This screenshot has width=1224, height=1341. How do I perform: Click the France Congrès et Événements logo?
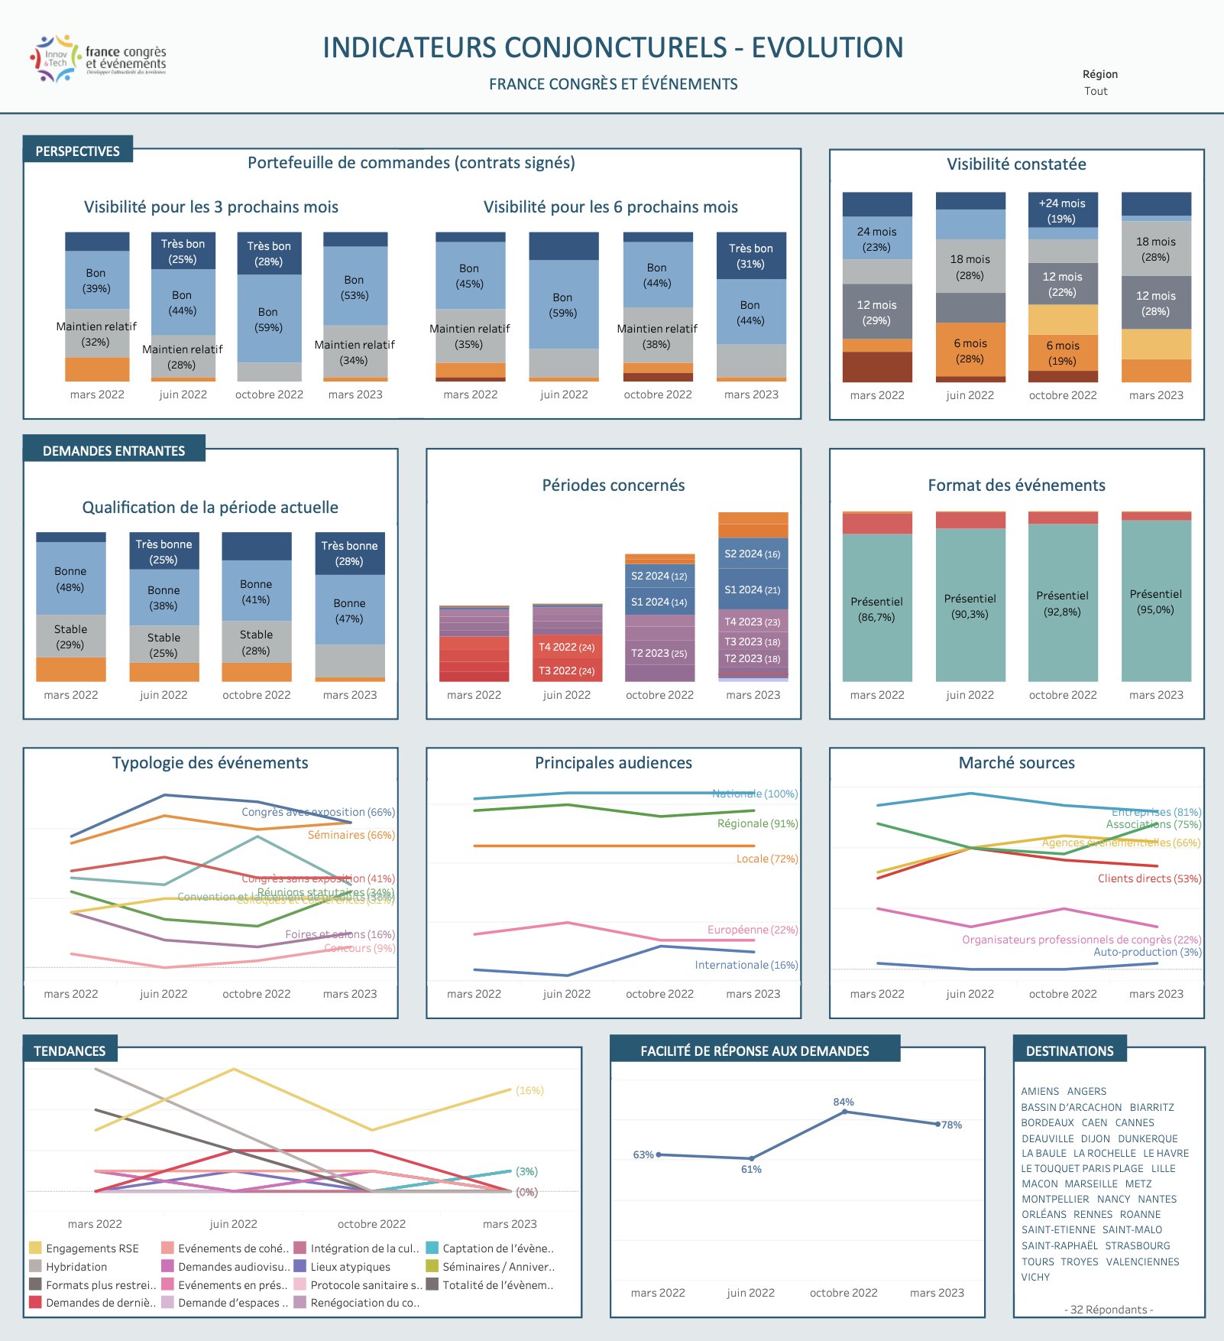98,58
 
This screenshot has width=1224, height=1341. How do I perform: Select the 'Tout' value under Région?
1096,91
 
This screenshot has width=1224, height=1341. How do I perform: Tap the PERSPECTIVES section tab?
77,151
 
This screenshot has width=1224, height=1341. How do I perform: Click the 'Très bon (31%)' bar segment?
751,256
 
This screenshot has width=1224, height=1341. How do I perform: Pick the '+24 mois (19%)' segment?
1062,210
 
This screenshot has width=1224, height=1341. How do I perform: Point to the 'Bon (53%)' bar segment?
355,287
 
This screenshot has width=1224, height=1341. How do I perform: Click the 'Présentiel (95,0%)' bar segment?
1155,602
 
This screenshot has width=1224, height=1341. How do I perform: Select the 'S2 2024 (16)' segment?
753,554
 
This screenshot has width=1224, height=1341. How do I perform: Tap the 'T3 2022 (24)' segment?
566,670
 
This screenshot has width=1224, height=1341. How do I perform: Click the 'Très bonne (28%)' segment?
349,553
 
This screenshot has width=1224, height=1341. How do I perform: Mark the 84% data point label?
844,1102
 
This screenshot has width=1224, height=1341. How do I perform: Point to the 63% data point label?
643,1154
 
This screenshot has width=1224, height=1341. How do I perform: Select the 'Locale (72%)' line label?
766,859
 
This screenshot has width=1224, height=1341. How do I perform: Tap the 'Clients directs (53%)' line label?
1149,878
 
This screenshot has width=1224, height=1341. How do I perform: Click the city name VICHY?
1035,1277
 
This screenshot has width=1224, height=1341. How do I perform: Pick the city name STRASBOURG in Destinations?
1137,1245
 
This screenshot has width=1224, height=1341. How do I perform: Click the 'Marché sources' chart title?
1016,762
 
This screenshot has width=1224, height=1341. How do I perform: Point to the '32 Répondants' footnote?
1109,1310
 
